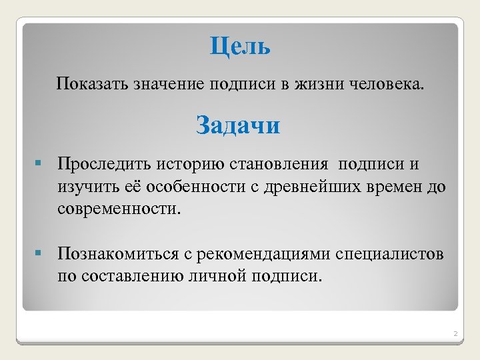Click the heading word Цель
tap(240, 47)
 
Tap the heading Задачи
tap(238, 125)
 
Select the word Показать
tap(93, 85)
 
